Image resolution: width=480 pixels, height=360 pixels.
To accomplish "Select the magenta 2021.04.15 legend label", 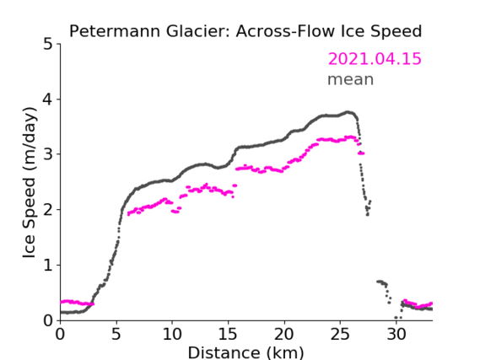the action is (375, 59).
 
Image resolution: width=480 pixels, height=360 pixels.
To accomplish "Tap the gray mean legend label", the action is (351, 79).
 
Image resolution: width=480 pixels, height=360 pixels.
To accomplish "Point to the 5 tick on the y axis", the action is (48, 45).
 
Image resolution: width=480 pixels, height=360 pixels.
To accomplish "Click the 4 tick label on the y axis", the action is (48, 99).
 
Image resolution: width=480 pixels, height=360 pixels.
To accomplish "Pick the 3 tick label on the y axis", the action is (48, 154).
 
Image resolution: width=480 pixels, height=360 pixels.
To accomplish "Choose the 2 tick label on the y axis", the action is (48, 210).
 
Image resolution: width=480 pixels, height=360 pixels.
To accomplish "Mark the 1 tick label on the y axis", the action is (48, 266).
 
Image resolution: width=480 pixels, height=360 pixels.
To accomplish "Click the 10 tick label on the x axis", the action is (172, 335).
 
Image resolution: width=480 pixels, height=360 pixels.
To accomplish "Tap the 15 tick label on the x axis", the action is (228, 335).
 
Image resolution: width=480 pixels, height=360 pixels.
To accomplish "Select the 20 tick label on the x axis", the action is (284, 335).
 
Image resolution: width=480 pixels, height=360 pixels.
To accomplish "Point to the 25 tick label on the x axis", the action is (340, 335).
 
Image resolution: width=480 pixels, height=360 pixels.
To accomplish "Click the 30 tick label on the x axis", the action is (396, 335).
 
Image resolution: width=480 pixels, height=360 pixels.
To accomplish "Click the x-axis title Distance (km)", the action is (245, 353).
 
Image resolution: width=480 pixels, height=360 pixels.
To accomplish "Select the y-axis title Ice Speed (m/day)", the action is (30, 183).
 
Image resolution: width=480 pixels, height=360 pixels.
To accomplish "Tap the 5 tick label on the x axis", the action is (116, 335).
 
